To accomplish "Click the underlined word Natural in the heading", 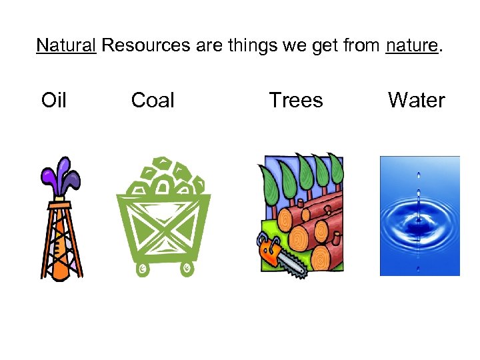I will pyautogui.click(x=66, y=45).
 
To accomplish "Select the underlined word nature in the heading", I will pyautogui.click(x=411, y=45).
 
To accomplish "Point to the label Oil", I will pyautogui.click(x=53, y=101).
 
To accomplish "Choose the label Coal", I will pyautogui.click(x=153, y=101).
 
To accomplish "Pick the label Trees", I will pyautogui.click(x=295, y=101).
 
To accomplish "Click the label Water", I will pyautogui.click(x=416, y=101).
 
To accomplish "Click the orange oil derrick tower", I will pyautogui.click(x=61, y=240).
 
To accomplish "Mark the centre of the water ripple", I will pyautogui.click(x=419, y=220).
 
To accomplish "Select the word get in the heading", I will pyautogui.click(x=321, y=45).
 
